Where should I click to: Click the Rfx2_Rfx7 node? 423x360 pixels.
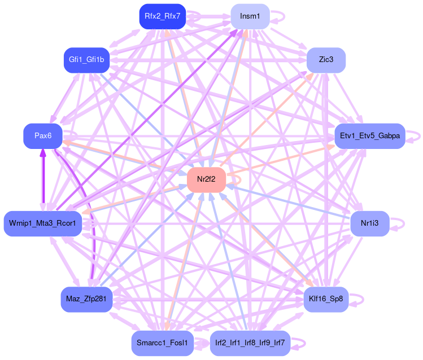click(162, 16)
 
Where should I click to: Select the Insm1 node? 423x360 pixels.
click(250, 16)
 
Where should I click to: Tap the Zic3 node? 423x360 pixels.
click(326, 60)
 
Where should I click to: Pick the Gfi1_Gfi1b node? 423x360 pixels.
click(86, 60)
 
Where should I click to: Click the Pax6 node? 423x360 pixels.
click(43, 136)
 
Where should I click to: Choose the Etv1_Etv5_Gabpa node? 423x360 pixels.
click(369, 136)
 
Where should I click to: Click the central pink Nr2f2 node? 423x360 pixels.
click(206, 179)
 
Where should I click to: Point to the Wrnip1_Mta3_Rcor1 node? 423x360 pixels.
click(43, 223)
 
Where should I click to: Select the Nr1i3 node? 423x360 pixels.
click(369, 223)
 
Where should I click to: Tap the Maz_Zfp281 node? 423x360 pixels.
click(86, 298)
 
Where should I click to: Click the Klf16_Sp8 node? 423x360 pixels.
click(326, 298)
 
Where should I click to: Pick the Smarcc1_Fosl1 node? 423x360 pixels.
click(162, 343)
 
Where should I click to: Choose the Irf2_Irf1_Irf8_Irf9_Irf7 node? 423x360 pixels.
click(250, 343)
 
